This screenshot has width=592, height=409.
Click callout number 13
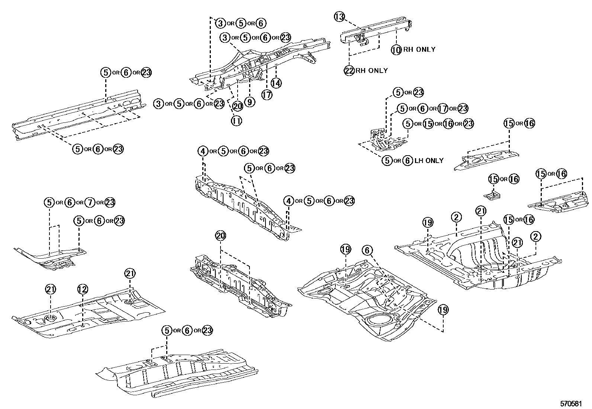(340, 17)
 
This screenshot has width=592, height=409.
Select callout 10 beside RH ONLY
(396, 49)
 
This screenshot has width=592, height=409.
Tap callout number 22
(349, 71)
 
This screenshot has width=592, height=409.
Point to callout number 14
(276, 83)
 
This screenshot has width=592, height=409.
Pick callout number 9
(250, 102)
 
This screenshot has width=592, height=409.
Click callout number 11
(236, 121)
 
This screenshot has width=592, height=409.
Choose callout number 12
(83, 289)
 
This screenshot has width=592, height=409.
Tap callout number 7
(89, 203)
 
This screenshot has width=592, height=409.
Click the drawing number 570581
(571, 403)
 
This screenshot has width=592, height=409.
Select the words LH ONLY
(429, 161)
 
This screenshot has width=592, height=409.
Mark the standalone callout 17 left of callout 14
(267, 95)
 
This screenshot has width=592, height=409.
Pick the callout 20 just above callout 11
(238, 106)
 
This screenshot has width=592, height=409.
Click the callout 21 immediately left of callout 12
(51, 289)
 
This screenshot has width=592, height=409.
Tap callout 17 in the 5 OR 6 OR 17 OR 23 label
(443, 109)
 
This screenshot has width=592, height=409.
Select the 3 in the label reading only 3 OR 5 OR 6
(221, 23)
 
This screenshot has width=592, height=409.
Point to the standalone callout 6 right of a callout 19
(367, 250)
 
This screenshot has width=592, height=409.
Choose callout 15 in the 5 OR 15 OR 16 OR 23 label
(428, 124)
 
